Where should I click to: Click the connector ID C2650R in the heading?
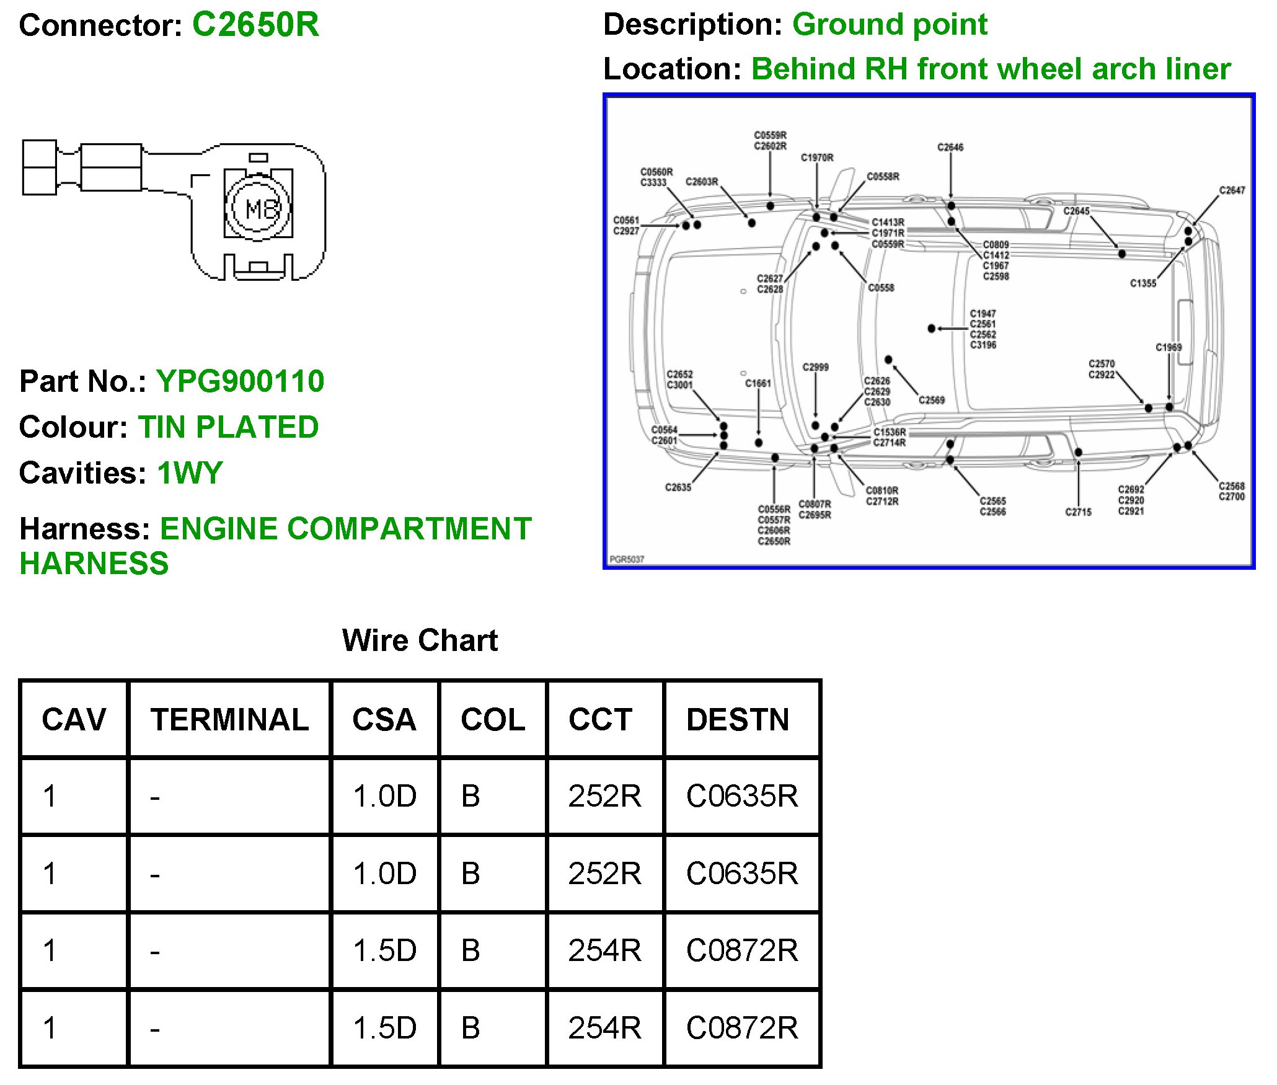255,25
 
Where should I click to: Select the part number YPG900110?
240,381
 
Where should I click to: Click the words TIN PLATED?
228,427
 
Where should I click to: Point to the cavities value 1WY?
190,473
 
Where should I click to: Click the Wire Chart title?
420,640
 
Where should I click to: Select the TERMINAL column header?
229,719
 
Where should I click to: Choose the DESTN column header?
738,719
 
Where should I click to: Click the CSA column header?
384,719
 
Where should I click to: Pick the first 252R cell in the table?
604,796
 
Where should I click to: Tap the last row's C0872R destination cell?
742,1028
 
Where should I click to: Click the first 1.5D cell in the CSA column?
384,950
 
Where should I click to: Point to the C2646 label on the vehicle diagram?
950,147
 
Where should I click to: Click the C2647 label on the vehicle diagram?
1232,190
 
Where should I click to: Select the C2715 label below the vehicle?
1078,512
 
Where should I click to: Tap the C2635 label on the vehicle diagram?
678,487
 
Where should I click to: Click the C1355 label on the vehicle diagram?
1143,283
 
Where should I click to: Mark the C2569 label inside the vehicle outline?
932,400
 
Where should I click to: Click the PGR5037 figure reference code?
627,559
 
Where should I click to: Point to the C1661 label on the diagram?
758,384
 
